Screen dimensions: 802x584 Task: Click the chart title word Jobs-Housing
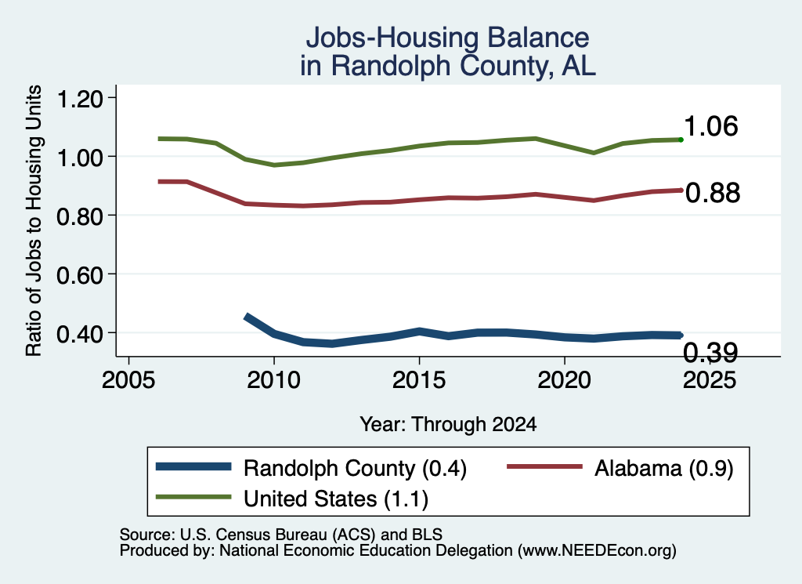click(x=392, y=38)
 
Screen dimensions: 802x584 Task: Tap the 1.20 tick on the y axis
click(x=80, y=98)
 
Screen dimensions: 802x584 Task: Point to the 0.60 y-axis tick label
click(x=80, y=275)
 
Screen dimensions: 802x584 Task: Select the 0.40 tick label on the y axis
click(x=80, y=334)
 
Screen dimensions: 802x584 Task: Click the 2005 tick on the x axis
click(x=128, y=380)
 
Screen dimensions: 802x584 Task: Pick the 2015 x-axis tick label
click(x=419, y=380)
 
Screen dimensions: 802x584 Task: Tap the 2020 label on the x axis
click(x=564, y=380)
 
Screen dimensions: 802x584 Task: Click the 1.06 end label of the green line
click(x=711, y=126)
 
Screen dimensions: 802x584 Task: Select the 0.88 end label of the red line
click(x=713, y=193)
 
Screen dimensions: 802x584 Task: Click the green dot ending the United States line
click(x=681, y=140)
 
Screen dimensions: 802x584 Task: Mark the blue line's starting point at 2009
click(x=246, y=317)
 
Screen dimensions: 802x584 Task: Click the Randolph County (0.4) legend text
click(x=355, y=468)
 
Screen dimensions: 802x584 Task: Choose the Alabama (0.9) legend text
click(x=664, y=468)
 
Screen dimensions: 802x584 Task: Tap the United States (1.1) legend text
click(x=336, y=499)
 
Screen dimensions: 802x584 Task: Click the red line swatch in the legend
click(x=545, y=466)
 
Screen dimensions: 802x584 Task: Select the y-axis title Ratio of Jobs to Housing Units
click(x=34, y=220)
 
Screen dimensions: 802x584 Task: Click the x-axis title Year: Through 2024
click(x=448, y=424)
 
